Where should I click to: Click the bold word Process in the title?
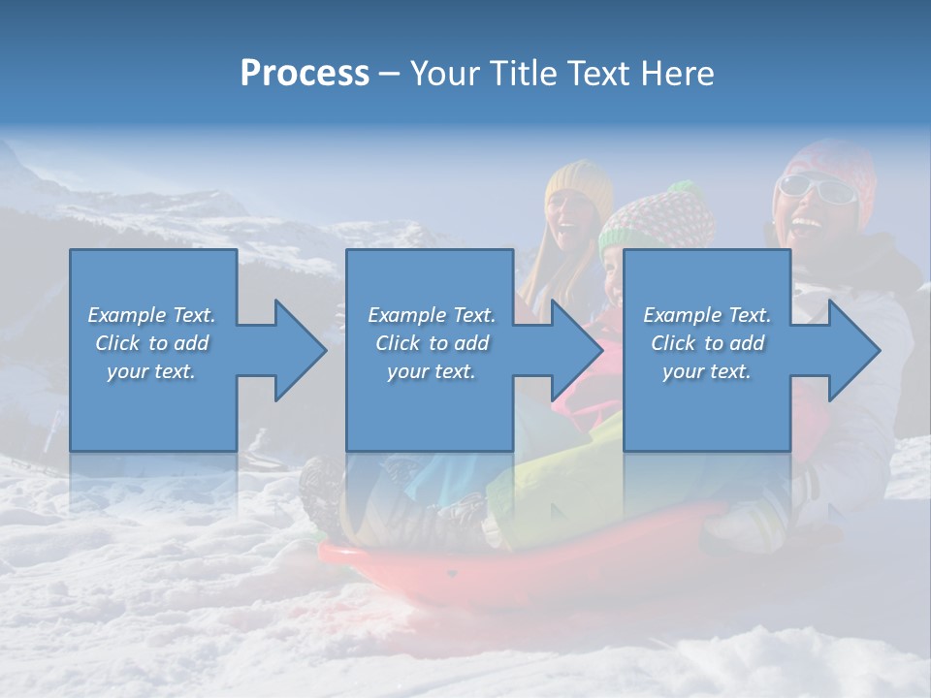(x=305, y=74)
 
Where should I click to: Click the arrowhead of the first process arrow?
(x=301, y=350)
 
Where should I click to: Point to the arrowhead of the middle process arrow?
(x=577, y=350)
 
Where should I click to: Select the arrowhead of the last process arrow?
(x=854, y=350)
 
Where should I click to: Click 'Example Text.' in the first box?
(x=152, y=315)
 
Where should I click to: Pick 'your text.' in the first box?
(x=152, y=371)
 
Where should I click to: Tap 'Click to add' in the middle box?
(x=432, y=343)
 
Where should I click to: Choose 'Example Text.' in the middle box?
(x=432, y=315)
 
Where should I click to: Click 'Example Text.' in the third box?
(x=707, y=315)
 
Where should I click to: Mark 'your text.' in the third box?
(x=707, y=371)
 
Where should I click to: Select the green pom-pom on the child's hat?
(x=684, y=187)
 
